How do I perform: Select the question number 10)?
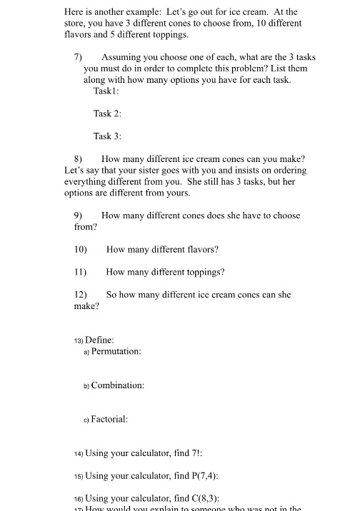(81, 250)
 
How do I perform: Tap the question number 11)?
(81, 272)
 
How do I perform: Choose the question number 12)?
(81, 295)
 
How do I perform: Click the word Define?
(99, 340)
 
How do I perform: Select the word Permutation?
(116, 351)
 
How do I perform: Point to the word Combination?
(118, 385)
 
